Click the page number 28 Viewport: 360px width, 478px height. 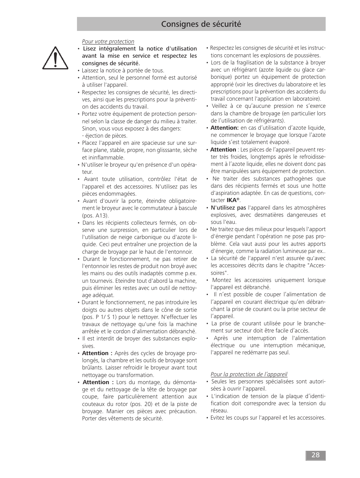[315, 455]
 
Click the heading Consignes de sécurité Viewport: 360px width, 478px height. [201, 24]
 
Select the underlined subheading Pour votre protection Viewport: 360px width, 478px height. [108, 41]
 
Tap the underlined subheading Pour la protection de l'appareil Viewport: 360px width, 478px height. [249, 374]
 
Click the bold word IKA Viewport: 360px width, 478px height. [231, 200]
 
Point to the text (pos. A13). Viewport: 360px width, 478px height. [95, 216]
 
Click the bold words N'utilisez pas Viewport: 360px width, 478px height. [228, 208]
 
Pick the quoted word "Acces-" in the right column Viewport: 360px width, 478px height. [316, 265]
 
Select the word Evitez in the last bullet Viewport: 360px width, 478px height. [218, 418]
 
